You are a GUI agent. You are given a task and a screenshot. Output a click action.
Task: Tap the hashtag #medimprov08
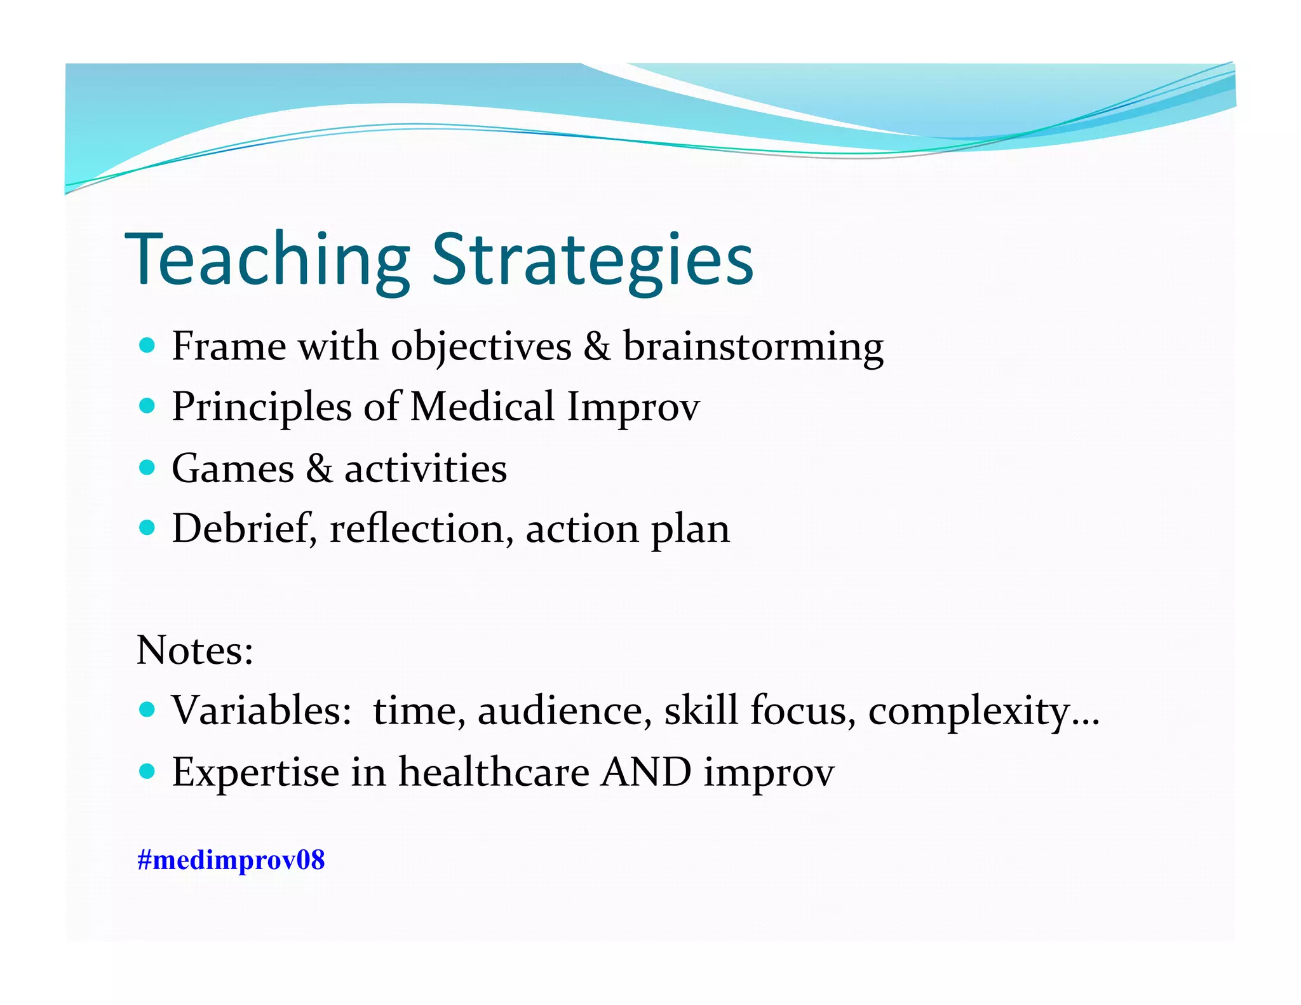(x=231, y=860)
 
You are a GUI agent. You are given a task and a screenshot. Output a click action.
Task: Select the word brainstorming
(x=753, y=347)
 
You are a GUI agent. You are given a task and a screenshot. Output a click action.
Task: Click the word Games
(x=233, y=469)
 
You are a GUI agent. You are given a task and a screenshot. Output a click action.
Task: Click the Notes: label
(x=195, y=651)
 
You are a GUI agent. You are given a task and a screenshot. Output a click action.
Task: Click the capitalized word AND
(x=646, y=772)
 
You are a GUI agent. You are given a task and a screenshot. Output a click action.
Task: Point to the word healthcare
(x=494, y=772)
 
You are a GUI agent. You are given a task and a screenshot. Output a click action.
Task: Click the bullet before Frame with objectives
(x=147, y=346)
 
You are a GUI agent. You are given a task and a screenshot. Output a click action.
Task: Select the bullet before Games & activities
(x=147, y=468)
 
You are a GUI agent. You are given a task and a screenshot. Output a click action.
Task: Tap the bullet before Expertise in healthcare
(x=147, y=771)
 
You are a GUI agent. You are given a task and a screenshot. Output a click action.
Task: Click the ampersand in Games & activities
(x=319, y=469)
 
